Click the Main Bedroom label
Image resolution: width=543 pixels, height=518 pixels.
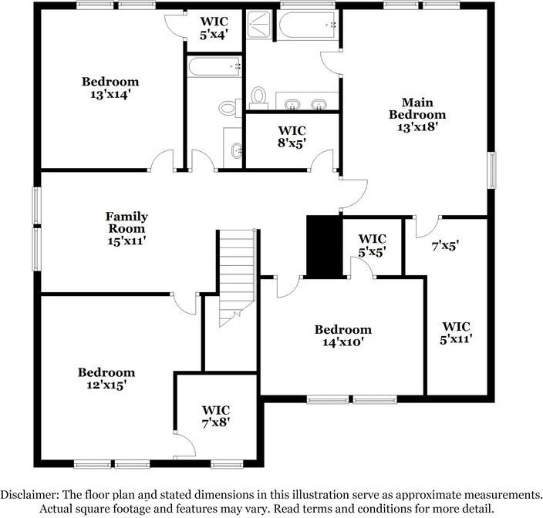pos(417,115)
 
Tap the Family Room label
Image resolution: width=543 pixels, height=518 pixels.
pos(126,229)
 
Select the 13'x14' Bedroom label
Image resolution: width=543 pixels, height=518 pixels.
pos(110,88)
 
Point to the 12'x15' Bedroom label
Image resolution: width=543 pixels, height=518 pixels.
pos(106,378)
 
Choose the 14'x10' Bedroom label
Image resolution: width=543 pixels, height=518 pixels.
pos(342,335)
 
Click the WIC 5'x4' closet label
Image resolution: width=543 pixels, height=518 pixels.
pos(214,29)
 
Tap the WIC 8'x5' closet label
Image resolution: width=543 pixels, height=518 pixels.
pos(292,136)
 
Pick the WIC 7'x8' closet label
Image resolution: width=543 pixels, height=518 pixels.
pos(216,416)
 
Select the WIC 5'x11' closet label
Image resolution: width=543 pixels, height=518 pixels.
pos(457,332)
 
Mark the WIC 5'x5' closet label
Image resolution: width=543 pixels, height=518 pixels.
pos(373,244)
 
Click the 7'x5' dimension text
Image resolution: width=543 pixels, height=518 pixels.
pos(445,246)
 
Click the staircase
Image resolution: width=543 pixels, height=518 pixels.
pos(237,274)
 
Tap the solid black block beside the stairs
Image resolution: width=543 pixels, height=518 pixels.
pos(323,245)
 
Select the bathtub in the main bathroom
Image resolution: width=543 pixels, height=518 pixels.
pos(309,26)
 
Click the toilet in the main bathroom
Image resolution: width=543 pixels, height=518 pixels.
pos(259,98)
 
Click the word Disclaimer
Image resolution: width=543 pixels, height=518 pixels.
pos(32,495)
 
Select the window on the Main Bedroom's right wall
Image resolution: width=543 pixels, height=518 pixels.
pos(491,169)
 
